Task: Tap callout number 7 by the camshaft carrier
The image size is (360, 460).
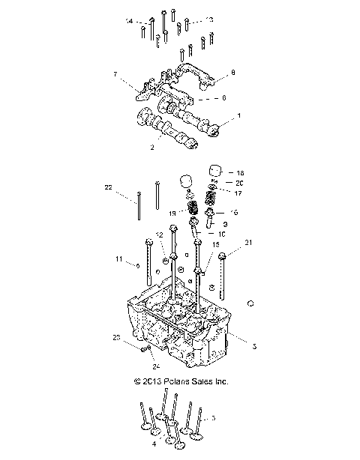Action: coord(115,74)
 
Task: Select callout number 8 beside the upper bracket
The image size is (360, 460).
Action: coord(233,73)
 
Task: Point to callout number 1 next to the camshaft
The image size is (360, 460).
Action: coord(239,116)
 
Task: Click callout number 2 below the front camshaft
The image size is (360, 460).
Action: coord(152,148)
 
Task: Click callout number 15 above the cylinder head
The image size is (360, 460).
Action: coord(215,245)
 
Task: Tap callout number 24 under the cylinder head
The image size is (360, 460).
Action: coord(156,366)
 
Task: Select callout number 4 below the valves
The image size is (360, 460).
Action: coord(154,444)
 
